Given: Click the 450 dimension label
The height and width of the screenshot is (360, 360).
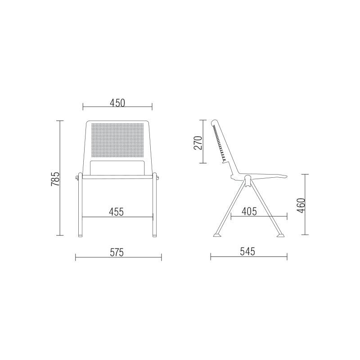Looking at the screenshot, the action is coord(117,103).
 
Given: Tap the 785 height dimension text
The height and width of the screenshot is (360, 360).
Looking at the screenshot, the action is coord(55,179).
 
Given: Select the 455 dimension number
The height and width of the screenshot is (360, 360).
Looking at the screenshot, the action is coord(116,211).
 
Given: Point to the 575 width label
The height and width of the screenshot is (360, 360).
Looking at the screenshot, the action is coord(117,252).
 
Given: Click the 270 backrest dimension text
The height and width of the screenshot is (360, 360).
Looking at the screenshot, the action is coord(198,143).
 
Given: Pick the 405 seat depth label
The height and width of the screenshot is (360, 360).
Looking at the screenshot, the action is coord(249,211).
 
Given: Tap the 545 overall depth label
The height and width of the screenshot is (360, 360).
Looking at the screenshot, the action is coord(247,252).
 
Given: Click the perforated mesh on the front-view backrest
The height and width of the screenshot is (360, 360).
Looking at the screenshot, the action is coord(117,140).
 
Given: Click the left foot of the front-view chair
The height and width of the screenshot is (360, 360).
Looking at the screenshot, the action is coord(80,235).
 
